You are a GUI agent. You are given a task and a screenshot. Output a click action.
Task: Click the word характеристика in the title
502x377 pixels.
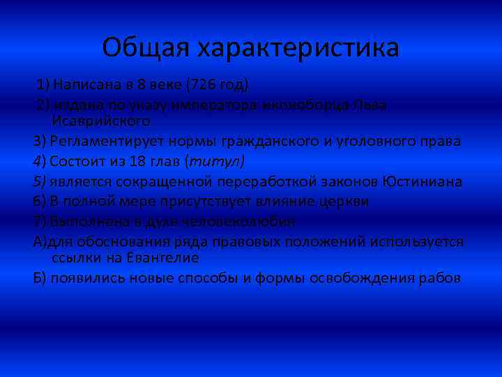coord(298,47)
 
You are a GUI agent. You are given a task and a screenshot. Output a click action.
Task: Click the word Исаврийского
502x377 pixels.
coord(100,120)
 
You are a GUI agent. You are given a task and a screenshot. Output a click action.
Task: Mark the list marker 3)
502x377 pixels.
coord(40,141)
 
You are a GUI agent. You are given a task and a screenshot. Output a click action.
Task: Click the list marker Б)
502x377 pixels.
coord(40,278)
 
